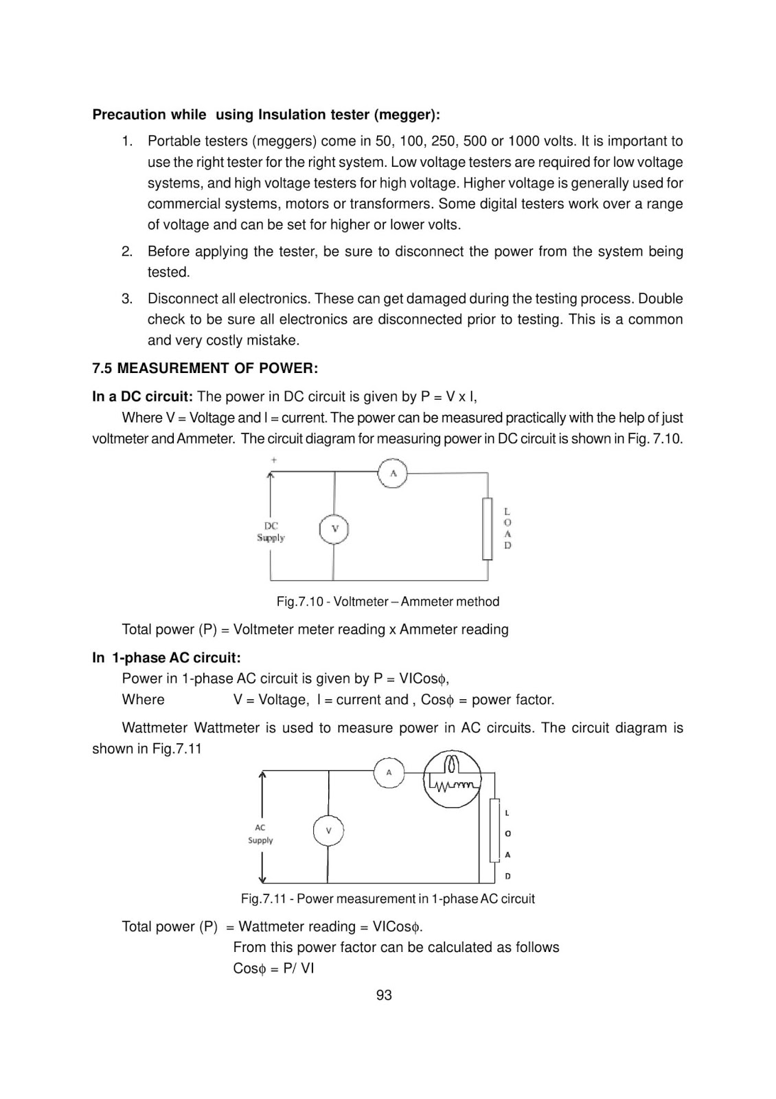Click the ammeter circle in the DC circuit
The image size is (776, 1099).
[393, 473]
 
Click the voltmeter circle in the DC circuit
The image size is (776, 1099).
[334, 529]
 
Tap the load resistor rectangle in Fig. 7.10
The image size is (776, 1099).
[488, 529]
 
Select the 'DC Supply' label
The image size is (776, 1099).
[271, 532]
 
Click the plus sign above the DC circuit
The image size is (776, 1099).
[274, 460]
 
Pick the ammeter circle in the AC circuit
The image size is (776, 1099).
[389, 773]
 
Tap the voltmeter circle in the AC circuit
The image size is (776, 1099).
[328, 830]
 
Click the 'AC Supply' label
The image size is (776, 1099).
[260, 834]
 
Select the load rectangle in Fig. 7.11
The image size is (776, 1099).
[494, 830]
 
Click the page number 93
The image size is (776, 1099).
[384, 995]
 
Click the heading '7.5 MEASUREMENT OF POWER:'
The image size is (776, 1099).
[205, 368]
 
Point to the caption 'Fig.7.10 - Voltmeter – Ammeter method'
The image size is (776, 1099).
[388, 602]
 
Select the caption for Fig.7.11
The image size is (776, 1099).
[387, 898]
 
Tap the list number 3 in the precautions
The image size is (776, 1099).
[127, 299]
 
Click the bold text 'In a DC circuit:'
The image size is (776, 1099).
[142, 396]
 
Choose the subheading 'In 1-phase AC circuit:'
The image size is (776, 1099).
[167, 658]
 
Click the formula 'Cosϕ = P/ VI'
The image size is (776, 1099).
[273, 968]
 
